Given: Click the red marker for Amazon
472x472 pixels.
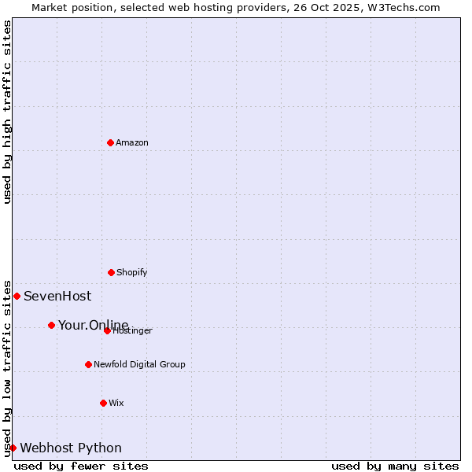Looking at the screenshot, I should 110,142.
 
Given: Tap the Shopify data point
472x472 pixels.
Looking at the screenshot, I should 111,272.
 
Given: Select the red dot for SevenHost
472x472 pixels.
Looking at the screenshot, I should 17,296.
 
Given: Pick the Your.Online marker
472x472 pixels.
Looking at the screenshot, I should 51,325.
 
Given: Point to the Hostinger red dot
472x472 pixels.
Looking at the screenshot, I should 107,330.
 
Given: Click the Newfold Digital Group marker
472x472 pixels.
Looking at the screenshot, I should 88,364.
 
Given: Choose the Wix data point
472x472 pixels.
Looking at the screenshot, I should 103,403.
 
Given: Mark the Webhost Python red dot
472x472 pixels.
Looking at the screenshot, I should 13,448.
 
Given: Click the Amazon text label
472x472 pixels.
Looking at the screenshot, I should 132,142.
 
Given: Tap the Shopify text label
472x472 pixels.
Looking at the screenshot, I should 132,272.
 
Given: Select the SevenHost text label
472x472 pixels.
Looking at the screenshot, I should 57,297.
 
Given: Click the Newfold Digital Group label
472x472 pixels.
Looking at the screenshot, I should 139,364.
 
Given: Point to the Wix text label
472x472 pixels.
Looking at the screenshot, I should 116,403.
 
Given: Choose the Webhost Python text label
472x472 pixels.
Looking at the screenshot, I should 71,448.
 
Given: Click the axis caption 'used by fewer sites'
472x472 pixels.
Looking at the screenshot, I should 81,466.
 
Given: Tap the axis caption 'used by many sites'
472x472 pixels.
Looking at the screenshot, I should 395,466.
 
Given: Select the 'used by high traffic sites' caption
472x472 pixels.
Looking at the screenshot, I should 7,112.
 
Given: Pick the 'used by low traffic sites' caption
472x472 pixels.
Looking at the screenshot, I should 7,367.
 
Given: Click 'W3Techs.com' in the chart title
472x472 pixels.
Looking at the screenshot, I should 407,7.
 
